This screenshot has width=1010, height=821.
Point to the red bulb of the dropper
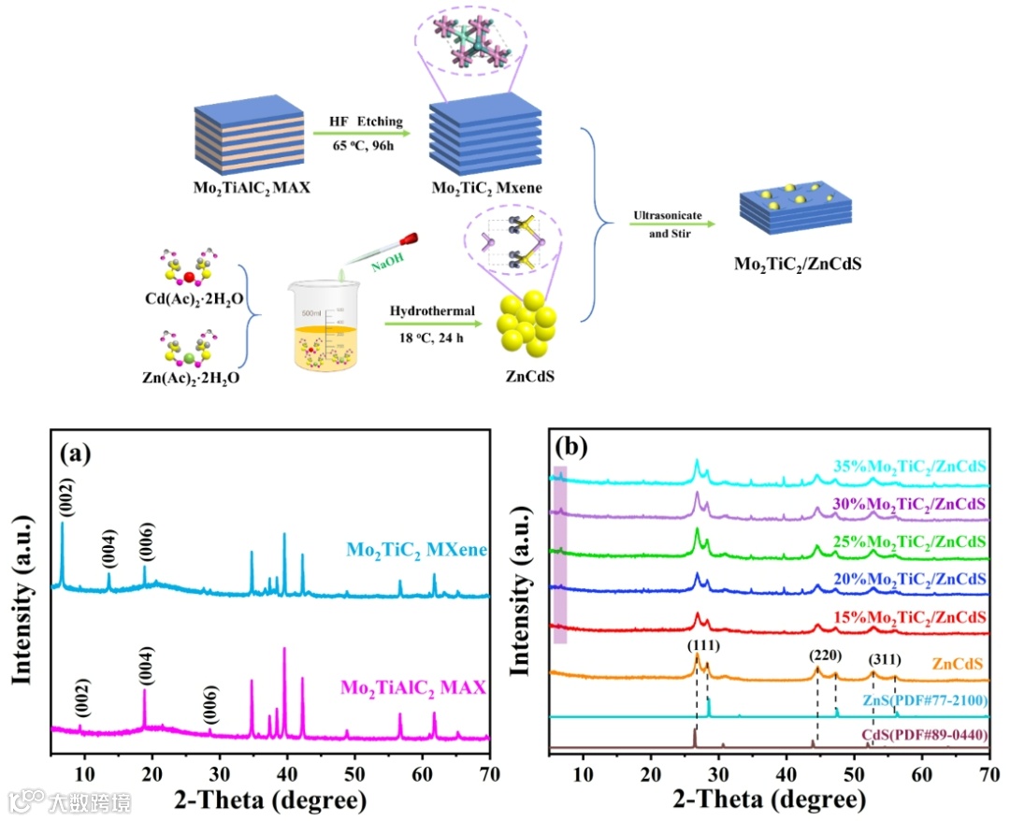click(408, 245)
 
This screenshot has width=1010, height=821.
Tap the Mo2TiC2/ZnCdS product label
click(798, 263)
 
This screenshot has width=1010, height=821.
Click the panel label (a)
click(75, 454)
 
